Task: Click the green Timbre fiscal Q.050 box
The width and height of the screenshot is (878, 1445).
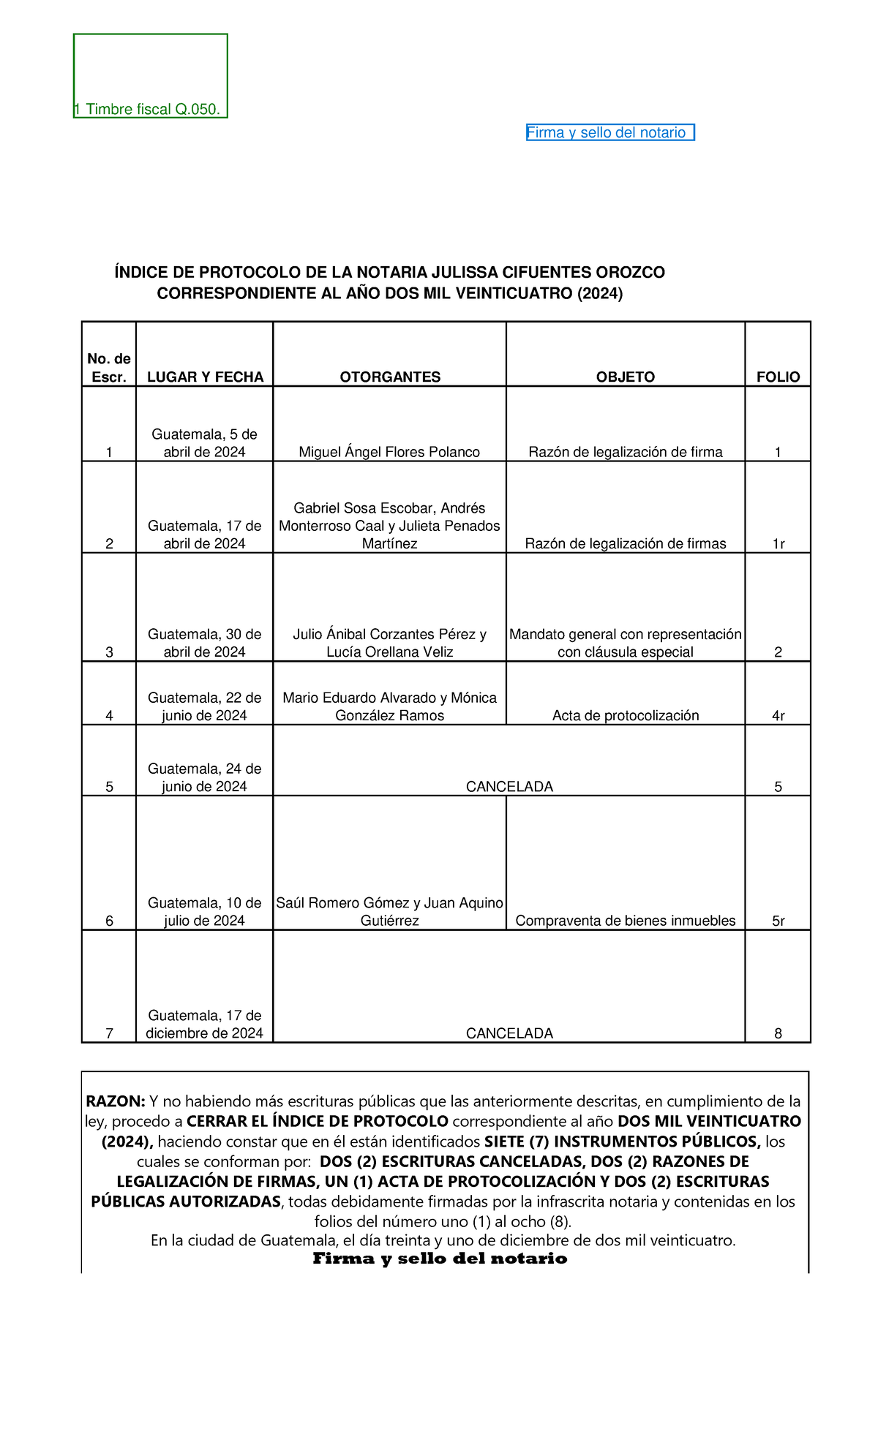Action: click(151, 76)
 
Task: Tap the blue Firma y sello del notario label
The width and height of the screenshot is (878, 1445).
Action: click(609, 132)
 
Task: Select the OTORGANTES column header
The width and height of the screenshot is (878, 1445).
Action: click(390, 377)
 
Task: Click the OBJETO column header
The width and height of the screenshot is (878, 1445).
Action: click(626, 377)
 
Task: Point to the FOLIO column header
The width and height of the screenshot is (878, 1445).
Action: click(778, 377)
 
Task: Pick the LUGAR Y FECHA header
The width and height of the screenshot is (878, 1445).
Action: click(205, 377)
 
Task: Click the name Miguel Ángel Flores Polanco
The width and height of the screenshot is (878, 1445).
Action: click(389, 452)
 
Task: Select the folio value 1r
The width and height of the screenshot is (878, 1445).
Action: click(778, 543)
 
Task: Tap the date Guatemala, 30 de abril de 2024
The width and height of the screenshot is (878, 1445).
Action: click(205, 643)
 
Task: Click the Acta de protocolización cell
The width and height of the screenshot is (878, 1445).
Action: click(626, 715)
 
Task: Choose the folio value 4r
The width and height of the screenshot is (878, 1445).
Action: click(778, 715)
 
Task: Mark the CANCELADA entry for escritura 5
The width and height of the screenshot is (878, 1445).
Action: click(509, 786)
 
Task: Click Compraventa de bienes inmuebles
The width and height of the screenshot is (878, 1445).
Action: click(626, 921)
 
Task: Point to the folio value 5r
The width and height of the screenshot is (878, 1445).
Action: click(778, 921)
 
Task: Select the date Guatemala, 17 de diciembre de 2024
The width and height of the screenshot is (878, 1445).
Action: click(205, 1025)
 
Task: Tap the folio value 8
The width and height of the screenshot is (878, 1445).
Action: click(778, 1033)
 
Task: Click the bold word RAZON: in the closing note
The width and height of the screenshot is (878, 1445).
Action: click(116, 1101)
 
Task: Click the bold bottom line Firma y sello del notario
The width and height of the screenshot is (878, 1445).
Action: click(440, 1259)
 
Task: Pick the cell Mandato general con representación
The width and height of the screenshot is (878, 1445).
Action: click(626, 635)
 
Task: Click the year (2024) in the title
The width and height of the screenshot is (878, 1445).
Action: click(600, 294)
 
